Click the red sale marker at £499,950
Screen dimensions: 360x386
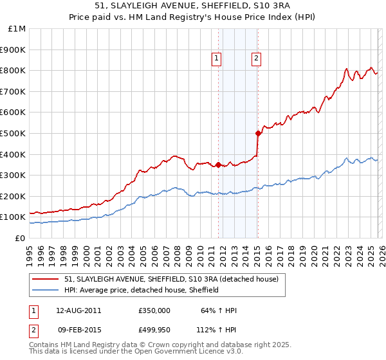point(257,133)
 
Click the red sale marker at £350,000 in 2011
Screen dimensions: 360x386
point(218,165)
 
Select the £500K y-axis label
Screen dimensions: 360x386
point(14,133)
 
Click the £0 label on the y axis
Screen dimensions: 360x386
point(20,238)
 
